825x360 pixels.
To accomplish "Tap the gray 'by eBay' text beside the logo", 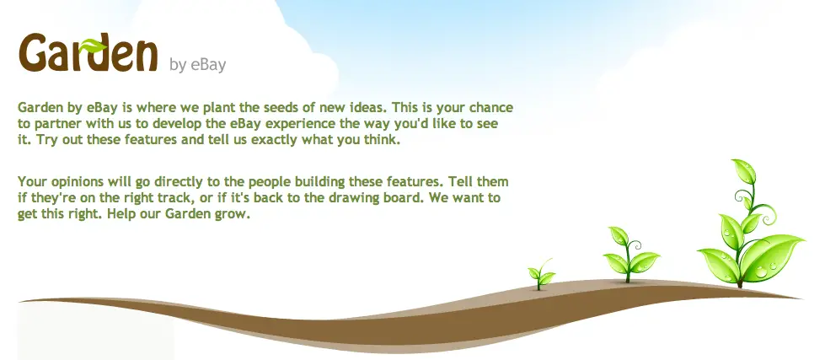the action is [198, 65].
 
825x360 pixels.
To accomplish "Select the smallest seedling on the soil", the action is [541, 274].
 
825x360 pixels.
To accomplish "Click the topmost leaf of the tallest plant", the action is [746, 170].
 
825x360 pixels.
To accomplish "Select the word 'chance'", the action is [491, 107].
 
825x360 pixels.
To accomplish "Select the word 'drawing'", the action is [393, 198].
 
